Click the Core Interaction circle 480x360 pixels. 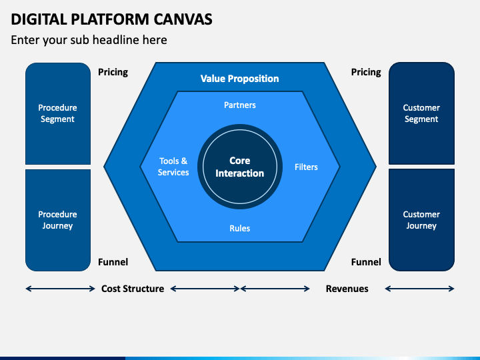[x=240, y=167]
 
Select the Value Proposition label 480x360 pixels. [x=240, y=79]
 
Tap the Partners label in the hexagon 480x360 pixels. [x=240, y=105]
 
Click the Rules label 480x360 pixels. [x=240, y=228]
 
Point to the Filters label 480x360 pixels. [x=306, y=167]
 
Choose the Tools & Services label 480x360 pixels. [x=173, y=167]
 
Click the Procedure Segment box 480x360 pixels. [x=58, y=113]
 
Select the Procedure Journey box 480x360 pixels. [x=58, y=220]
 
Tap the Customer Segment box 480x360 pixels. [x=421, y=113]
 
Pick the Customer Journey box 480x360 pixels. [x=421, y=220]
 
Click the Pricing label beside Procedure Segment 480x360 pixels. [x=113, y=72]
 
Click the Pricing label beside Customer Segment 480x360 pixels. [x=366, y=72]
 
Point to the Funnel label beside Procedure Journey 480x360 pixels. [x=113, y=262]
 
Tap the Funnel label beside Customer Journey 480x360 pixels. [x=366, y=262]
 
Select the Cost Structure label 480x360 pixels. [x=133, y=289]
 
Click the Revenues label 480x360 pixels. [x=347, y=289]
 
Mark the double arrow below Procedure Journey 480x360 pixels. [x=60, y=289]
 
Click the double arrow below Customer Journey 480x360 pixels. [x=420, y=289]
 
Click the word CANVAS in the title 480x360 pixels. [x=183, y=19]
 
